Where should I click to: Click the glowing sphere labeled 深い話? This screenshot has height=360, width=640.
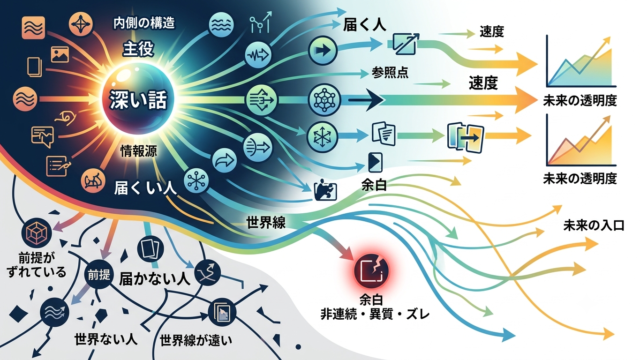click(x=138, y=99)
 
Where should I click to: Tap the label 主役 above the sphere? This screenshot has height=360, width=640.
click(x=138, y=49)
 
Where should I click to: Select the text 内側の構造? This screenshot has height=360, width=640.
click(x=144, y=23)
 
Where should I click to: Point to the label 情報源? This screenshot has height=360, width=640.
click(x=138, y=151)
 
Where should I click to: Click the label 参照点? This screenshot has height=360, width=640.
click(x=390, y=73)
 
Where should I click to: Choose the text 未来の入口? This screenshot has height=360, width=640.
click(x=593, y=225)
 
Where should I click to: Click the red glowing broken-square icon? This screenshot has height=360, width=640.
click(x=371, y=270)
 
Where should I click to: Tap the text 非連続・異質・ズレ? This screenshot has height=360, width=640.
click(x=375, y=314)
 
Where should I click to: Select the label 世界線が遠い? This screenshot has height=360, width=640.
click(x=196, y=340)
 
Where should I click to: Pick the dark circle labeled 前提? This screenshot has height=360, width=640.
click(x=99, y=275)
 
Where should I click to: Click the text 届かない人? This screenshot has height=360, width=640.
click(x=154, y=278)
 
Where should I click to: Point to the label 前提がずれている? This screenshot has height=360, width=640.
click(x=37, y=265)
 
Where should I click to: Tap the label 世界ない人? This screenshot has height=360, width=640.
click(x=105, y=339)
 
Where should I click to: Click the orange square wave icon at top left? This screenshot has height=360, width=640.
click(x=33, y=28)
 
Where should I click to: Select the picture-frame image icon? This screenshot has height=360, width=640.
click(x=60, y=54)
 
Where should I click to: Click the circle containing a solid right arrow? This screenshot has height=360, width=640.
click(x=323, y=51)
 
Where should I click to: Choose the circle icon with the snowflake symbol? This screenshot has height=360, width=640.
click(x=322, y=137)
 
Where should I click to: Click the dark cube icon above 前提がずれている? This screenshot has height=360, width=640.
click(x=36, y=233)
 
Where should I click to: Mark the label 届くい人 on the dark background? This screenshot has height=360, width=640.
click(x=145, y=188)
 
